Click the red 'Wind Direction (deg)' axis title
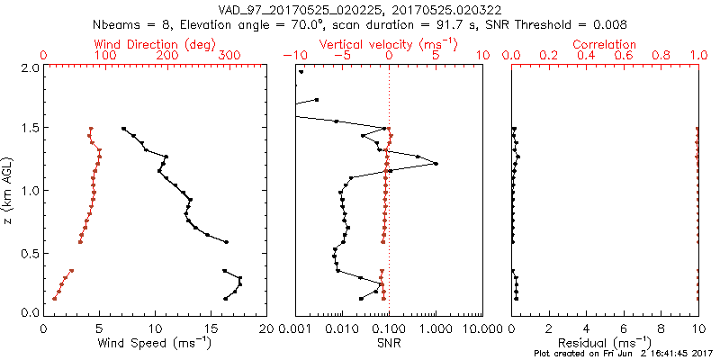click(x=155, y=44)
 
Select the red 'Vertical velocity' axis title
click(x=389, y=44)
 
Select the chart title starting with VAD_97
click(x=360, y=10)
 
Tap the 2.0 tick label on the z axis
click(x=29, y=67)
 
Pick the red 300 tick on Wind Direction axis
click(x=229, y=56)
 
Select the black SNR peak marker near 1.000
click(x=436, y=164)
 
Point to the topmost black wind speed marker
click(x=123, y=129)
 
